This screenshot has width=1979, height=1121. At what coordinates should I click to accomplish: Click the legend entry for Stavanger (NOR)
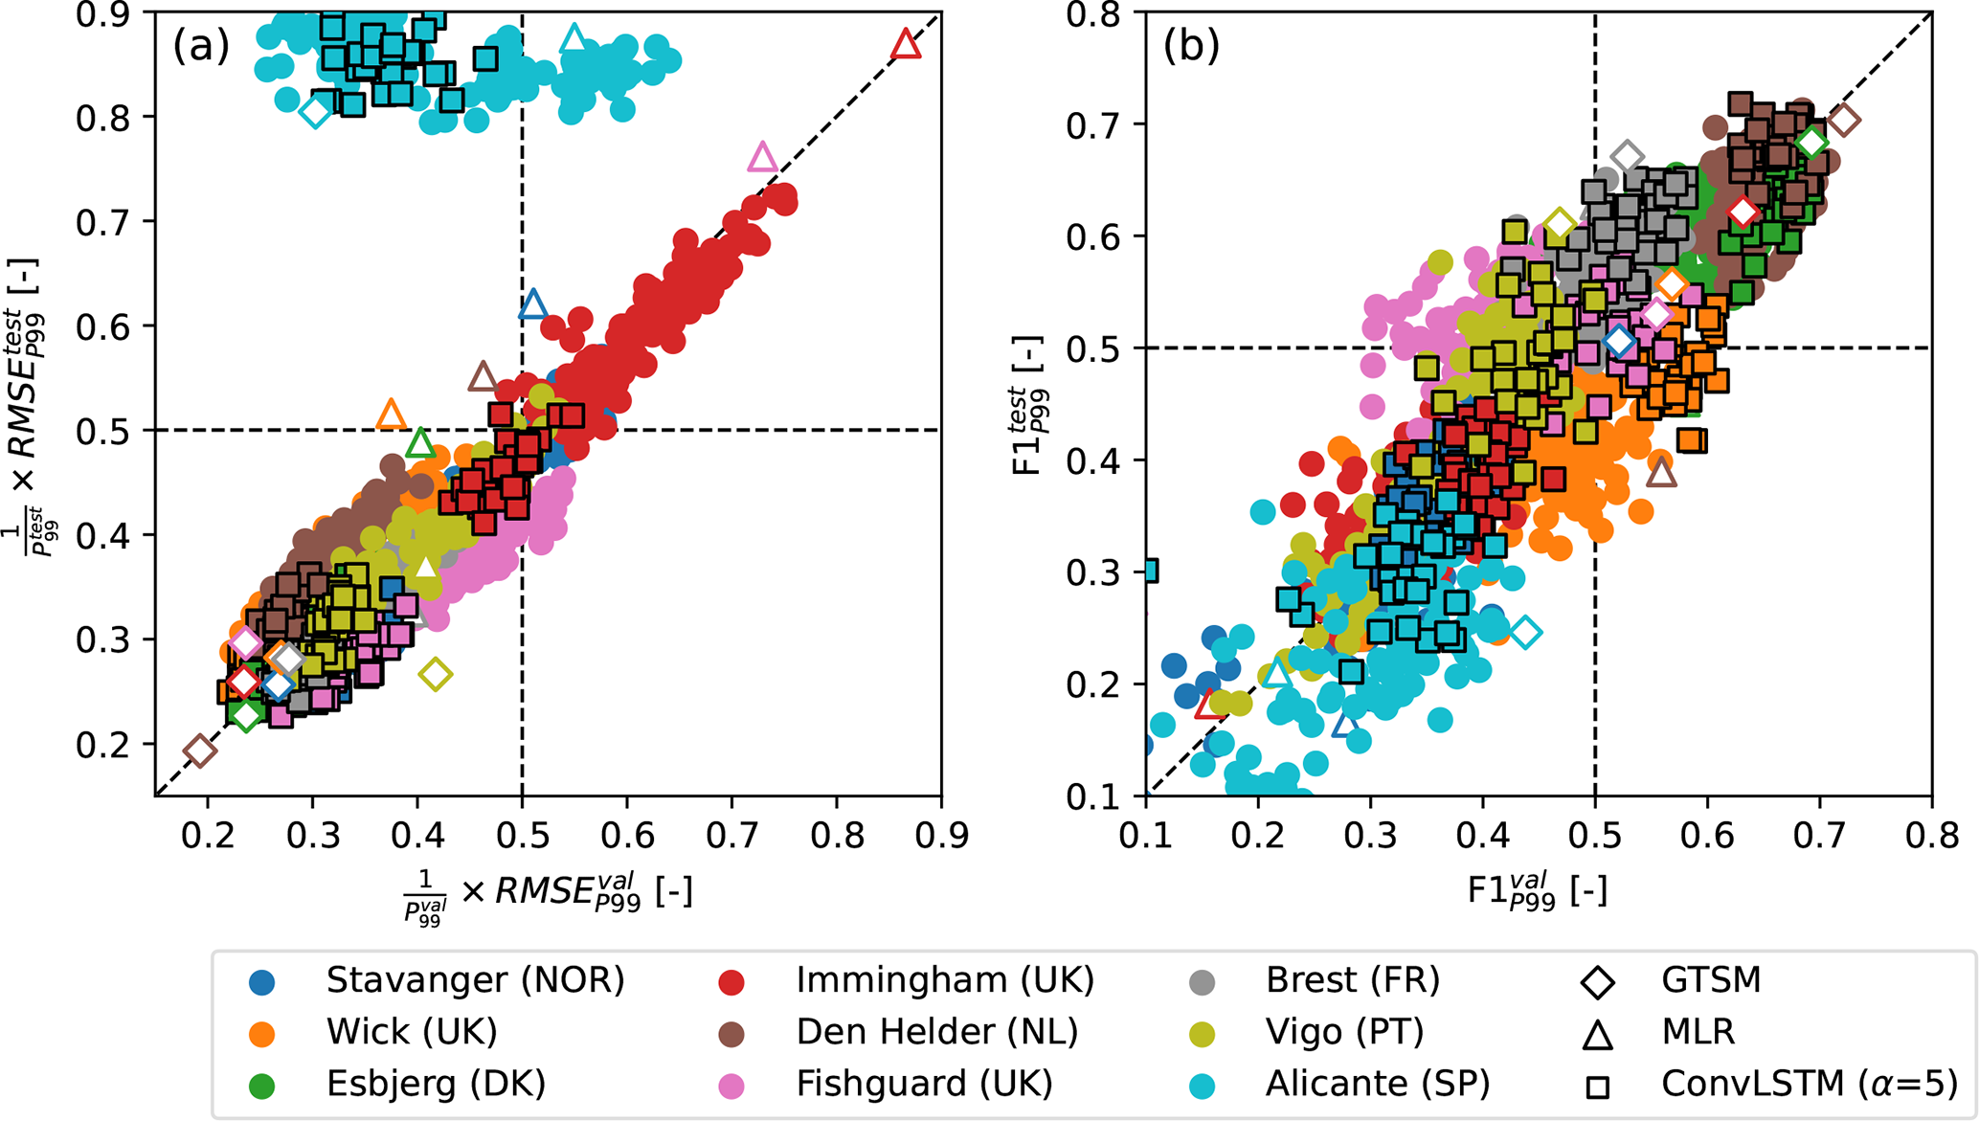(474, 980)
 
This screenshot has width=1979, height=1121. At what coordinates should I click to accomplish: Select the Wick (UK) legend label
(411, 1032)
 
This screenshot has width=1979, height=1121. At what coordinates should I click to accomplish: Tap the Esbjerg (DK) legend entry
(436, 1084)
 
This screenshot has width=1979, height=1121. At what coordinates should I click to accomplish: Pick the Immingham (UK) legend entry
(944, 980)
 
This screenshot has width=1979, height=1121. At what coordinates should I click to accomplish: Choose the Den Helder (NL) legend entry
(936, 1032)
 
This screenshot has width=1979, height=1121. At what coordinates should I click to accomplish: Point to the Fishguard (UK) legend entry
(924, 1084)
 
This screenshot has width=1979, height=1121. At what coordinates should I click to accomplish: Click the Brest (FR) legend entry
(1352, 980)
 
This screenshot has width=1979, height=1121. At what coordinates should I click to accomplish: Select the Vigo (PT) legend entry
(1344, 1032)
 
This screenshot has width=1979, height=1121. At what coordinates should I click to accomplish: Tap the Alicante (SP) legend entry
(1377, 1084)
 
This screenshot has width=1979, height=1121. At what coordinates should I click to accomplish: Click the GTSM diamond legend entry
(1710, 980)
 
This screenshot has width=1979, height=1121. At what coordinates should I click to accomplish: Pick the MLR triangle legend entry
(1698, 1032)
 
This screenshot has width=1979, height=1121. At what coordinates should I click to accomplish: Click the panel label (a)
(201, 45)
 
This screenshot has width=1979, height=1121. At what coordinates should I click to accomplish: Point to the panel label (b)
(1191, 45)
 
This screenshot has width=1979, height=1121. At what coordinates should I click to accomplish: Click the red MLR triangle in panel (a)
(906, 45)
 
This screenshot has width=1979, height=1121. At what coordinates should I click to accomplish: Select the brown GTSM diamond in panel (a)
(199, 751)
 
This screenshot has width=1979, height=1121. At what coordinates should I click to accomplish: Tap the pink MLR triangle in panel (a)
(762, 157)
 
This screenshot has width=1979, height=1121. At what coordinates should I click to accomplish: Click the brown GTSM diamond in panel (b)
(1844, 121)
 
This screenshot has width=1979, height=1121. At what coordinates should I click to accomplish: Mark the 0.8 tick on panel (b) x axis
(1931, 836)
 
